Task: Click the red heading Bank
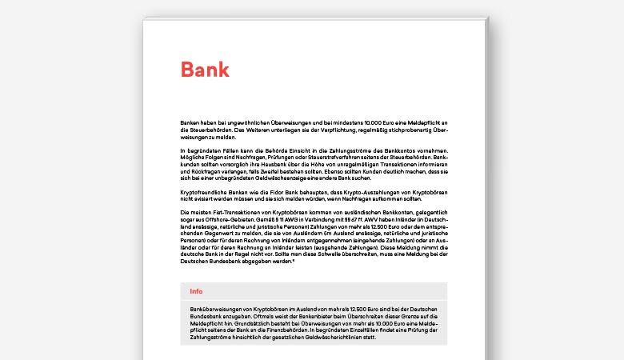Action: click(x=205, y=70)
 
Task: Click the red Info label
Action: click(x=196, y=291)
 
